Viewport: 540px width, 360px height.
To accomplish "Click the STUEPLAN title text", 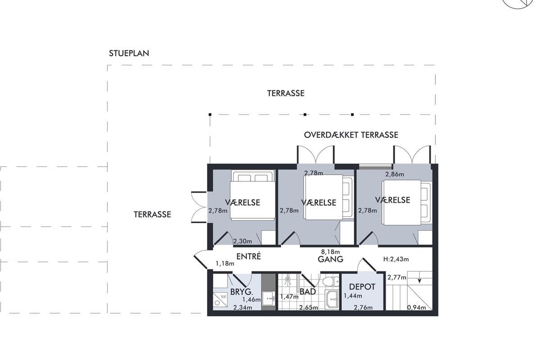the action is tap(129, 53).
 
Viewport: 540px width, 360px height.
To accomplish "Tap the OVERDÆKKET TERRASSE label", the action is tap(351, 135).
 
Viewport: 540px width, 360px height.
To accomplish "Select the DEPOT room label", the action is tap(362, 287).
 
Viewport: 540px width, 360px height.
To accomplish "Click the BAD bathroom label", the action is tap(308, 292).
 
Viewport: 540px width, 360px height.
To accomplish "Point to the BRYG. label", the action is tap(242, 292).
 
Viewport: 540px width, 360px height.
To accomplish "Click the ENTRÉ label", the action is tap(248, 256).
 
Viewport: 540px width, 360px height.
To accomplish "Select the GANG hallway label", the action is tap(330, 259).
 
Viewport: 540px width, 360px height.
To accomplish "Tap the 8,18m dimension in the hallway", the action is tap(330, 252).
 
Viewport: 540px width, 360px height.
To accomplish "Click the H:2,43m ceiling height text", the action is tap(396, 259).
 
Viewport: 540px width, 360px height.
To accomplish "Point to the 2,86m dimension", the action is tap(395, 174).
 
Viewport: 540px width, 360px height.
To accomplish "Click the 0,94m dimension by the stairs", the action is tap(416, 307).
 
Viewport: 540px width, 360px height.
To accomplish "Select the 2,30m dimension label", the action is tap(243, 241).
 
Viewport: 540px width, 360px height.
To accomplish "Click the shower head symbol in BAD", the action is tap(288, 280).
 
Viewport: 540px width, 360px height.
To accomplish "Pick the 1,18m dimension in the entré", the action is tap(225, 264).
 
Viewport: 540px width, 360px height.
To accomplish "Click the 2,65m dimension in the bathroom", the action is tap(309, 307).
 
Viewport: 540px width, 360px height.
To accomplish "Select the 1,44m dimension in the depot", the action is tap(353, 296).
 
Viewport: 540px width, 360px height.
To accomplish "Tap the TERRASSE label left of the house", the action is tap(153, 214).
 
